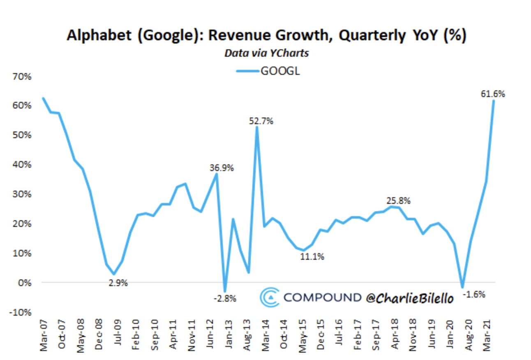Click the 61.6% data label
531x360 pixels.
pyautogui.click(x=493, y=94)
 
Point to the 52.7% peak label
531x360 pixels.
pyautogui.click(x=261, y=121)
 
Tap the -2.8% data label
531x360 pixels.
pyautogui.click(x=225, y=299)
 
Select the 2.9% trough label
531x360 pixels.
pyautogui.click(x=118, y=283)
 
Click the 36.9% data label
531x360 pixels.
pyautogui.click(x=222, y=168)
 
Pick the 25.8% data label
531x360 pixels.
pyautogui.click(x=398, y=201)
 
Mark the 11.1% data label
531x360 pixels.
pyautogui.click(x=312, y=257)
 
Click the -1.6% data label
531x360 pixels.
pyautogui.click(x=474, y=294)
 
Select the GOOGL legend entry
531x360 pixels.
pyautogui.click(x=268, y=71)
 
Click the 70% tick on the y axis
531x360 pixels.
pyautogui.click(x=16, y=76)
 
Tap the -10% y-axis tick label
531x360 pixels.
pyautogui.click(x=16, y=312)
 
